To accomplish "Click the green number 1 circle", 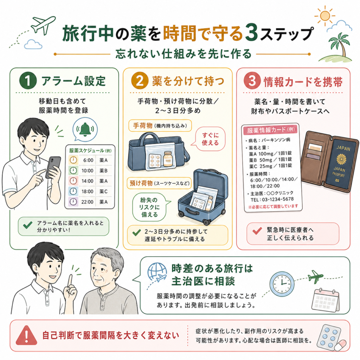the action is tap(28, 81).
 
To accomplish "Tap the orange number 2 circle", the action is tap(140, 81).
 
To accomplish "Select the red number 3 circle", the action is tap(252, 81).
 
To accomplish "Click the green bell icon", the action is tap(85, 130).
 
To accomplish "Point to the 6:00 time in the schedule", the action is tap(88, 160).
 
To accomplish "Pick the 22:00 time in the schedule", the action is tap(87, 202).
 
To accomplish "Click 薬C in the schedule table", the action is tap(103, 192).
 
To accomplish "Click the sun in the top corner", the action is tap(325, 16).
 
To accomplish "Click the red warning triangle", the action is tap(26, 335).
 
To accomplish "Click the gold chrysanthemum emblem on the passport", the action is tap(341, 159).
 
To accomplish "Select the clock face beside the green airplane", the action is tap(282, 284).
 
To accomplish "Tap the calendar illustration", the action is tap(325, 300).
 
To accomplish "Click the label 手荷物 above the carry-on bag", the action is tap(143, 126).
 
